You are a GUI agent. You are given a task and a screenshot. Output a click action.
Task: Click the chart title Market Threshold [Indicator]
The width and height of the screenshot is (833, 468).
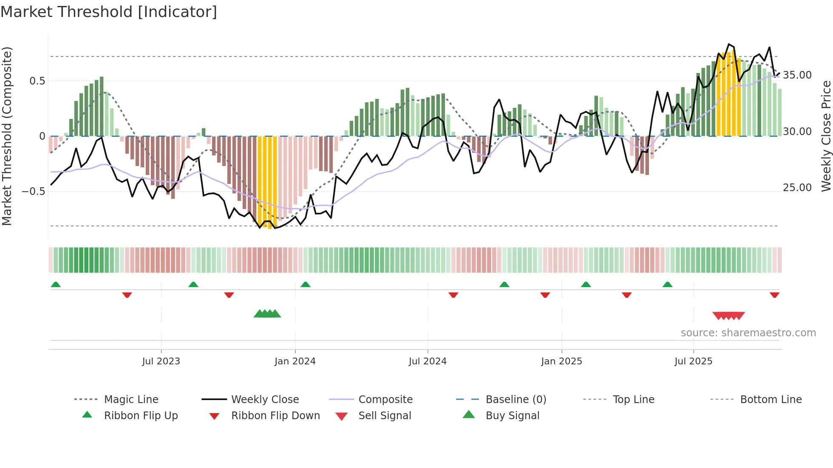[109, 12]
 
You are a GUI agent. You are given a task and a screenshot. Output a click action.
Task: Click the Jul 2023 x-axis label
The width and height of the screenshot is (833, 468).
[161, 361]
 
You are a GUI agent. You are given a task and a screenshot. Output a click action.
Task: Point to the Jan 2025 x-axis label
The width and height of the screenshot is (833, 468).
[561, 361]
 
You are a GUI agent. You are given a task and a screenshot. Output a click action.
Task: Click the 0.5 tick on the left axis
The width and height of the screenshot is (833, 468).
[37, 81]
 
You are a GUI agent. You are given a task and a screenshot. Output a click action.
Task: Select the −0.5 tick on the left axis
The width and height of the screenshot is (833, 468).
[34, 192]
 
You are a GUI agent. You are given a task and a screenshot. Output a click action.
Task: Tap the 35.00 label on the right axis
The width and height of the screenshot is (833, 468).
[797, 75]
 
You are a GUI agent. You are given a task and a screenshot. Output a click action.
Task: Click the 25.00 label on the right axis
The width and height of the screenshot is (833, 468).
[797, 188]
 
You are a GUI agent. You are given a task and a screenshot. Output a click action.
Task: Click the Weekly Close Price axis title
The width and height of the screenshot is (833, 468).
[826, 136]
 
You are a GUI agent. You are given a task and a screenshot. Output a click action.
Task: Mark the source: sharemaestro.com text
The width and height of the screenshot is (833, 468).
[748, 333]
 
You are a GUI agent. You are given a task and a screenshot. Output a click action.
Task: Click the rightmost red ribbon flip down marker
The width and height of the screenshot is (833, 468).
[774, 295]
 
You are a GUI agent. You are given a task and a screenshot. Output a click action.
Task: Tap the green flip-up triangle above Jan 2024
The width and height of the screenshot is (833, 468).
[305, 285]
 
